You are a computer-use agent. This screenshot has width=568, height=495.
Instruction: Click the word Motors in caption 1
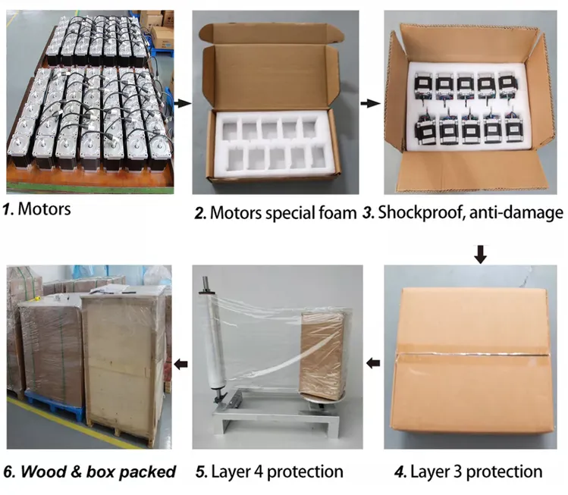pos(44,209)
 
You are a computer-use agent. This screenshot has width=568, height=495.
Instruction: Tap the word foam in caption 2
pos(337,212)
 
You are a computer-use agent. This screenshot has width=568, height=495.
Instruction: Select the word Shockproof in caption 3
pos(422,213)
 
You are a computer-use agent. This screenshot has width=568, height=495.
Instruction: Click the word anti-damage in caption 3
pos(516,213)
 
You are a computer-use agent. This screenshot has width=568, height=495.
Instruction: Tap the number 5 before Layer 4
pos(201,472)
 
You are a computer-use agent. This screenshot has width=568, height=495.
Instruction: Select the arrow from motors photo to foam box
pos(183,104)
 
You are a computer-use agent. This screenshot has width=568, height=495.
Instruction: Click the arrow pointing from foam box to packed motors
pos(370,104)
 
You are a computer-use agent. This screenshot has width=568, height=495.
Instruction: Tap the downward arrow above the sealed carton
pos(481,254)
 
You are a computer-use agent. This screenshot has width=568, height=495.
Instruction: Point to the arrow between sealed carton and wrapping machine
pos(373,363)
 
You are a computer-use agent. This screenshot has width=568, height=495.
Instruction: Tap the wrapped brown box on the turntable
pos(321,354)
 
